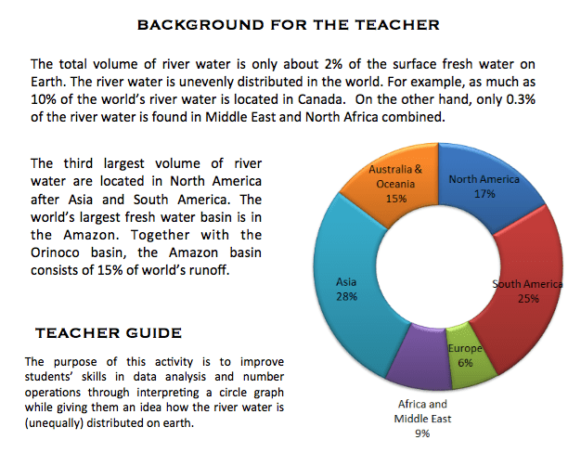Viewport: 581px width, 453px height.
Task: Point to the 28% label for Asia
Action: click(x=346, y=298)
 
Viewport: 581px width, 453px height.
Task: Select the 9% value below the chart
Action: click(x=422, y=433)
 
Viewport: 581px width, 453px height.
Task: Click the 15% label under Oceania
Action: click(x=396, y=198)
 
